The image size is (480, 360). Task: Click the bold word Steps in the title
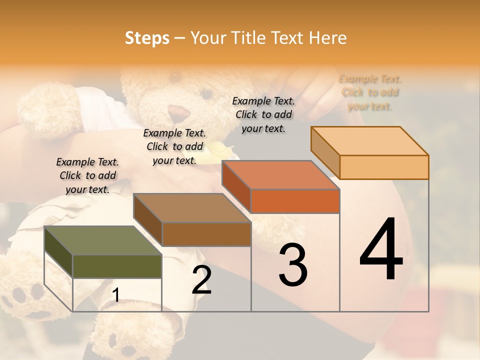147,38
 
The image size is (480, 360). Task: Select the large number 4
381,250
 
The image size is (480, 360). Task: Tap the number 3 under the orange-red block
292,265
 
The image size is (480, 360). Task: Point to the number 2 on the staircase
201,280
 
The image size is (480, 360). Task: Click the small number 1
115,295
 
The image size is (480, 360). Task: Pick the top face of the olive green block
102,240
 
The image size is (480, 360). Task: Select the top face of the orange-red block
280,175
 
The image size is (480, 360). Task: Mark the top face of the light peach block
369,141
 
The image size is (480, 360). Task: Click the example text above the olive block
87,175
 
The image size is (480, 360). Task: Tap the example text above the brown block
174,146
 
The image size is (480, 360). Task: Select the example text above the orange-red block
263,114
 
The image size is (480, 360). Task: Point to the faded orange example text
370,92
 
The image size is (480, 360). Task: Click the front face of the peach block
384,167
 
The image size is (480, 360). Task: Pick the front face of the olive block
117,266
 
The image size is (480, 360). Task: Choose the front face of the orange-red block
295,201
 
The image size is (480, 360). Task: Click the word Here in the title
328,38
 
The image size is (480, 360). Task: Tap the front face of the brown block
206,234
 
